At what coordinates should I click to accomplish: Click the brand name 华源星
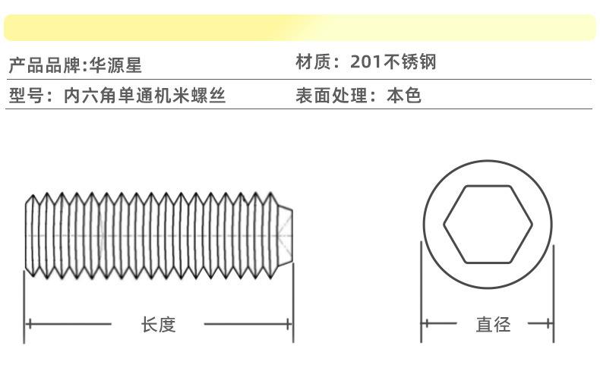[116, 64]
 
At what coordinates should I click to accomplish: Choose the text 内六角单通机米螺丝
[144, 96]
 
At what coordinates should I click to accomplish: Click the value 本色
[404, 96]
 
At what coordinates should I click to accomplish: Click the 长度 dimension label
[158, 325]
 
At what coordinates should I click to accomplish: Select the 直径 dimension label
[493, 325]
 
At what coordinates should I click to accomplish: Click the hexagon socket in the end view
[488, 225]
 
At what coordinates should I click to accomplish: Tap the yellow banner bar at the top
[300, 27]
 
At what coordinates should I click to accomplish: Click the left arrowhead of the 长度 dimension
[29, 325]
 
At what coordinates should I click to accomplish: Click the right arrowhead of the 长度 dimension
[289, 325]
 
